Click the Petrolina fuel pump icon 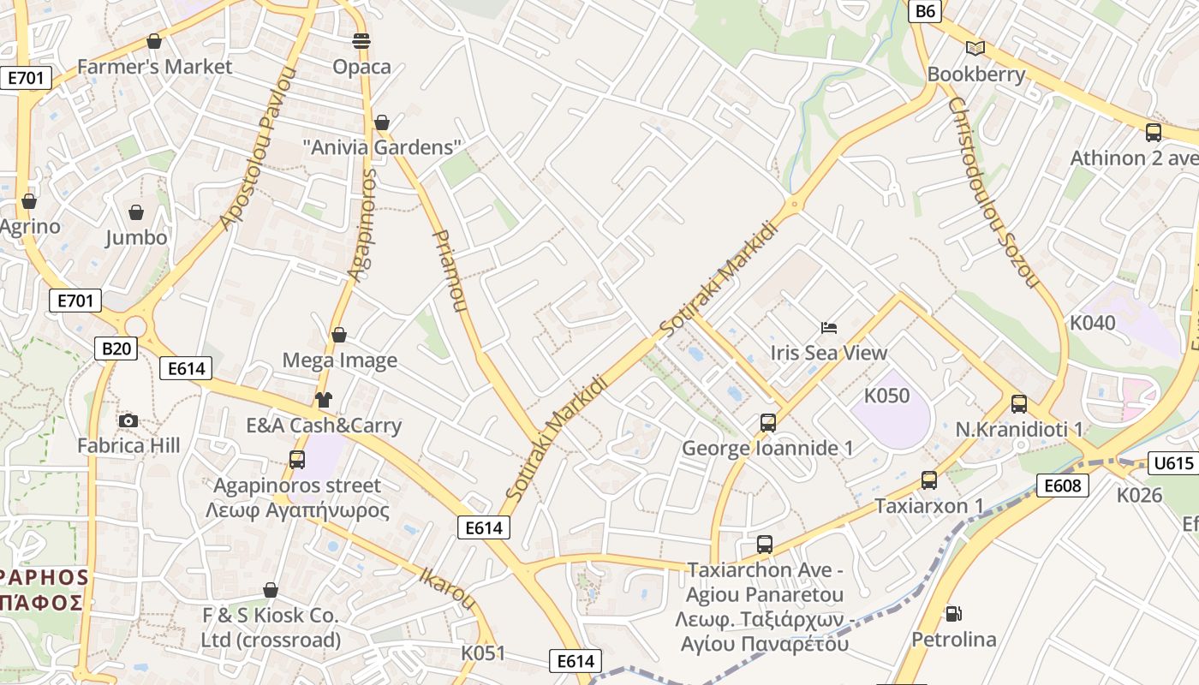coord(953,613)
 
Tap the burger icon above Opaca coord(361,40)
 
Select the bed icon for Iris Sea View coord(828,327)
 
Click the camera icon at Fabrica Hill coord(128,420)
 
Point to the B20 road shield coord(116,348)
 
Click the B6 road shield coord(926,11)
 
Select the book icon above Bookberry coord(975,48)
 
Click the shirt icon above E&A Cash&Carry coord(324,399)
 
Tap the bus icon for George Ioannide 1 coord(768,422)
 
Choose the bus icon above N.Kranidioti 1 coord(1019,403)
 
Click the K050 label coord(886,396)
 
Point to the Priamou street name coord(451,270)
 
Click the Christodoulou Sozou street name coord(993,192)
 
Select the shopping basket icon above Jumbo coord(136,211)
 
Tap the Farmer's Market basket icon coord(154,41)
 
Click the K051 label coord(484,653)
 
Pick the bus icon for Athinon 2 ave coord(1154,132)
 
